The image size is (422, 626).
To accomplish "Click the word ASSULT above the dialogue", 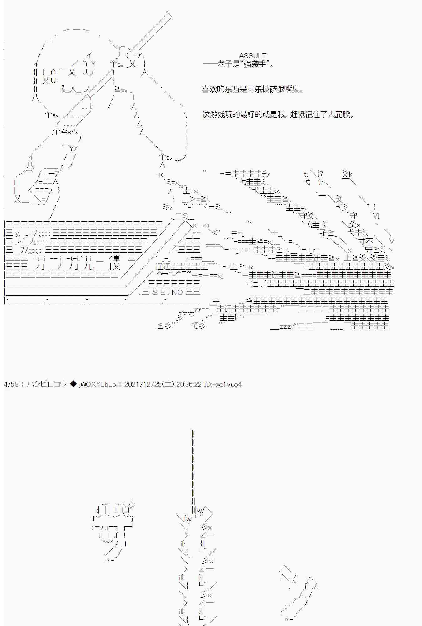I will pos(253,56).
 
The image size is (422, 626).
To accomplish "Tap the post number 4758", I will pos(11,384).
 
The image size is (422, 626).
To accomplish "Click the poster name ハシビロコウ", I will pos(47,384).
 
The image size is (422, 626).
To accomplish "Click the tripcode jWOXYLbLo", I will pos(97,384).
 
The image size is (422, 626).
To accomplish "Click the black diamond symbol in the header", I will pos(72,384).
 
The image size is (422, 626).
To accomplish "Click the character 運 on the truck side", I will pos(115,259).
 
